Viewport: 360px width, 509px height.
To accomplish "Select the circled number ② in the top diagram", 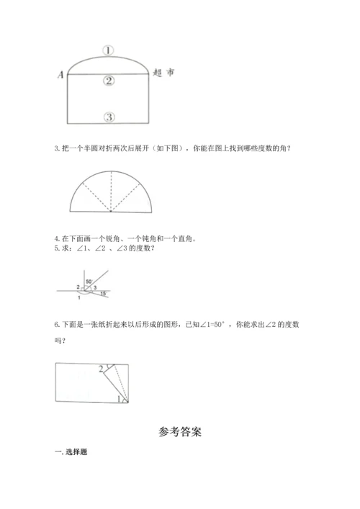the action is pos(109,81).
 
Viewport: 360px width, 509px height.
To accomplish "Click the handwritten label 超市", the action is pos(165,73).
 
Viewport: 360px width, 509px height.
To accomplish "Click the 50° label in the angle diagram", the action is pos(89,281).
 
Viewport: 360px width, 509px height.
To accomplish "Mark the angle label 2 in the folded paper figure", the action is pos(101,369).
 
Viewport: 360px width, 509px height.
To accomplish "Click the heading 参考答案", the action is pos(179,433).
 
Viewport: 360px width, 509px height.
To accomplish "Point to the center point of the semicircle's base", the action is pos(111,212).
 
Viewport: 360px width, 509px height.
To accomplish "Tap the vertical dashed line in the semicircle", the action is pos(111,192).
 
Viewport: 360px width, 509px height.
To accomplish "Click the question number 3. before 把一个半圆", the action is pos(57,149).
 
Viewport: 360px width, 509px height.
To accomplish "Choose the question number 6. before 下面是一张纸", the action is pos(57,325).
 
